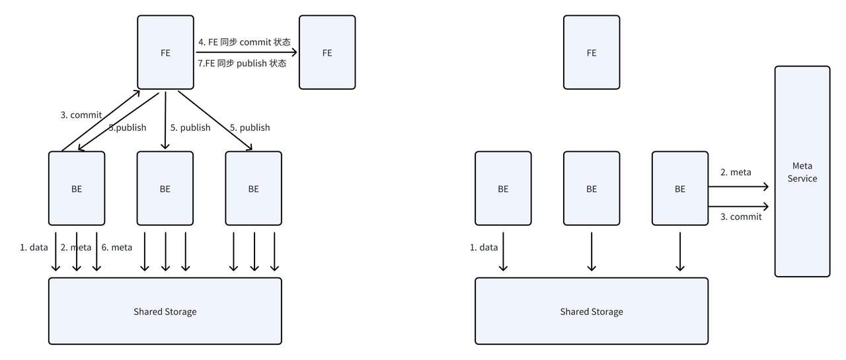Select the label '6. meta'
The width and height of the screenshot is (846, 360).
(x=116, y=248)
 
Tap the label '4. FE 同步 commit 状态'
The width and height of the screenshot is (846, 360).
(x=245, y=42)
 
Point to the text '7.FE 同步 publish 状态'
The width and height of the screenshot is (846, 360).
(x=242, y=63)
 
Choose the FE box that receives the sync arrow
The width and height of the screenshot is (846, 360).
(x=327, y=53)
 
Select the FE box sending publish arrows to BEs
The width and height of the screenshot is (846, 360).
(x=165, y=53)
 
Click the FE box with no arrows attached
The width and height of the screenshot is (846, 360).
(x=592, y=53)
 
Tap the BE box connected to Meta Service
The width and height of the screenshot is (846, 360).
(x=680, y=189)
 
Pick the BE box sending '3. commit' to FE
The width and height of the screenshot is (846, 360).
(x=77, y=189)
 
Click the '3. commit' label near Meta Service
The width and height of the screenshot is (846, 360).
(x=741, y=217)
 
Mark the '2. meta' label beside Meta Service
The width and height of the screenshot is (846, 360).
(x=736, y=172)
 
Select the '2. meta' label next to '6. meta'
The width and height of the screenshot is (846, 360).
(x=76, y=248)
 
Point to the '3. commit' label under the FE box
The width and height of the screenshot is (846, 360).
(x=81, y=115)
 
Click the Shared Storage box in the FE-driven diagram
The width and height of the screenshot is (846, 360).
(x=165, y=311)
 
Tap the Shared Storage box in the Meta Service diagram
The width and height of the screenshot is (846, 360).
(x=592, y=311)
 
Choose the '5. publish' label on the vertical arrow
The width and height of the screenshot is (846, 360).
(x=190, y=127)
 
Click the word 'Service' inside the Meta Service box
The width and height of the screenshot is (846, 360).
(x=802, y=178)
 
